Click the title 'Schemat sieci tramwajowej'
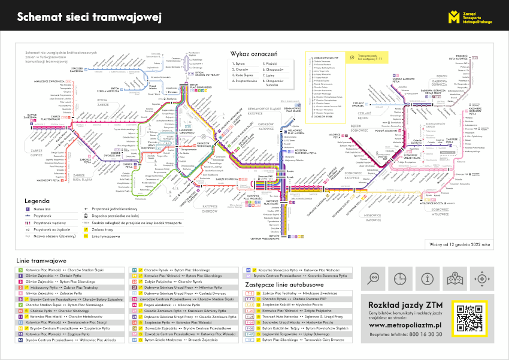click(90, 17)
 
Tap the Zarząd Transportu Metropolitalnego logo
click(470, 17)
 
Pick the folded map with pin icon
click(454, 279)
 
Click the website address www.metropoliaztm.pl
click(405, 324)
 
